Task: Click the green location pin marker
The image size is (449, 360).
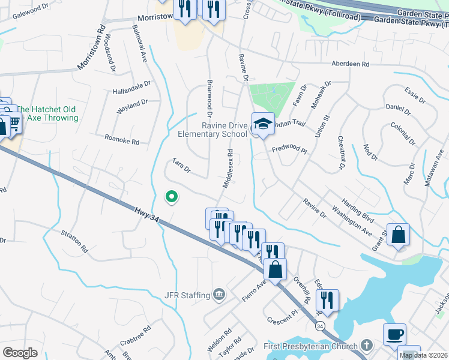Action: (171, 196)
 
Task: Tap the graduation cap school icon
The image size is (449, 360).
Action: (262, 124)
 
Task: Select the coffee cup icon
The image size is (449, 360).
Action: (394, 334)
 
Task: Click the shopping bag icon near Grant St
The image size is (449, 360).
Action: (399, 235)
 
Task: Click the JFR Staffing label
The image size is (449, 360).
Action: (187, 295)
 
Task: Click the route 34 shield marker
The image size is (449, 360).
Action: (321, 325)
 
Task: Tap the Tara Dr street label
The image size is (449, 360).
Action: (181, 165)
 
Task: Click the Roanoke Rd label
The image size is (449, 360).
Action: (122, 139)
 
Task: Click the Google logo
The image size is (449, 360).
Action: (20, 352)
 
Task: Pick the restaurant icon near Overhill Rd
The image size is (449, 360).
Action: (328, 300)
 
